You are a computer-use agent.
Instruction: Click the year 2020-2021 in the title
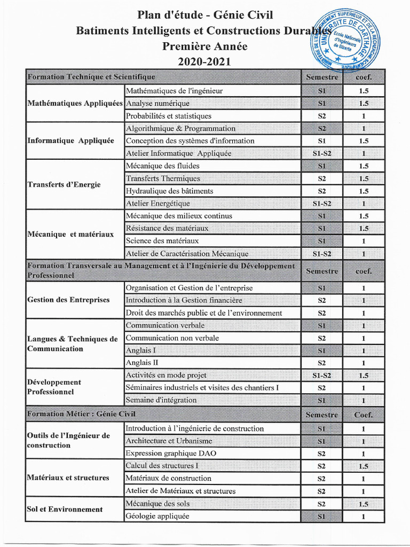pyautogui.click(x=204, y=61)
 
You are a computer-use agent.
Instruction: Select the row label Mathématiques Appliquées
pyautogui.click(x=75, y=103)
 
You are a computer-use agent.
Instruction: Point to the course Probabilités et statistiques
pyautogui.click(x=169, y=116)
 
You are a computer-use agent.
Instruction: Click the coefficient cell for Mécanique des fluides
pyautogui.click(x=364, y=166)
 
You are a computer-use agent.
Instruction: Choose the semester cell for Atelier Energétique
pyautogui.click(x=322, y=204)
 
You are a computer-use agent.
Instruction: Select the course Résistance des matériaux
pyautogui.click(x=167, y=228)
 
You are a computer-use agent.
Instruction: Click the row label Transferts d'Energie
pyautogui.click(x=64, y=185)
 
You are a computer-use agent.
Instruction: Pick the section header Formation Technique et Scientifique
pyautogui.click(x=91, y=77)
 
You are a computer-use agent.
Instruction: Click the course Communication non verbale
pyautogui.click(x=172, y=338)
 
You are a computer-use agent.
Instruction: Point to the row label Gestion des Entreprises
pyautogui.click(x=68, y=300)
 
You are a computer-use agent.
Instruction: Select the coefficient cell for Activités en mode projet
pyautogui.click(x=364, y=376)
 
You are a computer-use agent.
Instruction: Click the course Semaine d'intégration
pyautogui.click(x=161, y=400)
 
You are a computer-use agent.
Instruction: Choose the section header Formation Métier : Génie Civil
pyautogui.click(x=81, y=414)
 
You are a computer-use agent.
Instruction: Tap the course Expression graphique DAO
pyautogui.click(x=163, y=454)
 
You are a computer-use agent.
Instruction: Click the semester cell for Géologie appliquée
pyautogui.click(x=322, y=517)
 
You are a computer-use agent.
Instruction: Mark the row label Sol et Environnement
pyautogui.click(x=65, y=509)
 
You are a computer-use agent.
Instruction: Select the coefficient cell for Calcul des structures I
pyautogui.click(x=364, y=466)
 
